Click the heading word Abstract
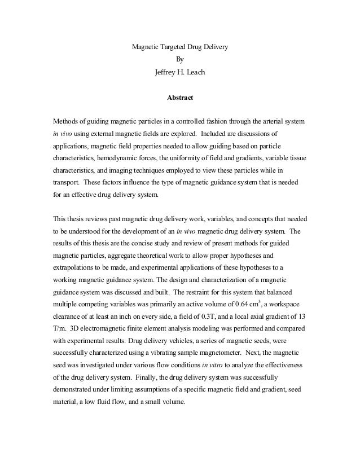(180, 98)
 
